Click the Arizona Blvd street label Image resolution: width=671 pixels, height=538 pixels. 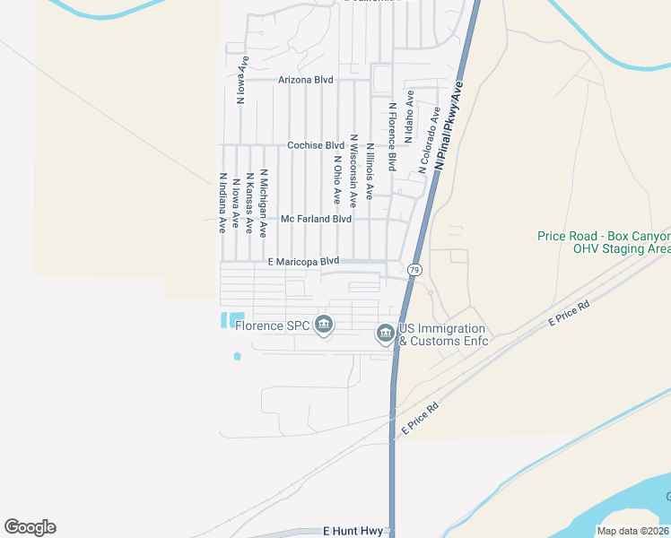tap(306, 80)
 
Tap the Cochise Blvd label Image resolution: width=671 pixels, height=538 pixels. tap(316, 145)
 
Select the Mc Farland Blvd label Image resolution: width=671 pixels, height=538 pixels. tap(316, 219)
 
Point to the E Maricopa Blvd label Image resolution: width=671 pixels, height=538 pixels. tap(303, 261)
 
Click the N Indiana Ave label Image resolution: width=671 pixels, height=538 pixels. tap(222, 203)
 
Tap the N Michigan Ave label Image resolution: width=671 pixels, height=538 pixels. tap(264, 203)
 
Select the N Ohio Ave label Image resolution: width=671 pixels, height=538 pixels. tap(337, 179)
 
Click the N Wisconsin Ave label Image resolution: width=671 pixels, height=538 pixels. tap(354, 170)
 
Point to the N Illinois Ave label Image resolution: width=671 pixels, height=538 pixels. tap(370, 170)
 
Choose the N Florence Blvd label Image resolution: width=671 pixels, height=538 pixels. tap(392, 136)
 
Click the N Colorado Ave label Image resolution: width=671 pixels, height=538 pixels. tap(428, 142)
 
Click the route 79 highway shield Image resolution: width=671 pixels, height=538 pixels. tap(414, 269)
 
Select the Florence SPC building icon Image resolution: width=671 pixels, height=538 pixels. tap(325, 325)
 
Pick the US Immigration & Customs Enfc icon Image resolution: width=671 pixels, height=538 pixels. tap(385, 334)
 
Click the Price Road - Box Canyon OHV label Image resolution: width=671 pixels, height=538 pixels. tap(604, 242)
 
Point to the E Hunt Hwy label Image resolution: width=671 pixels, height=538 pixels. tap(353, 532)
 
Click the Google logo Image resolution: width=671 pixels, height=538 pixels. tap(30, 527)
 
